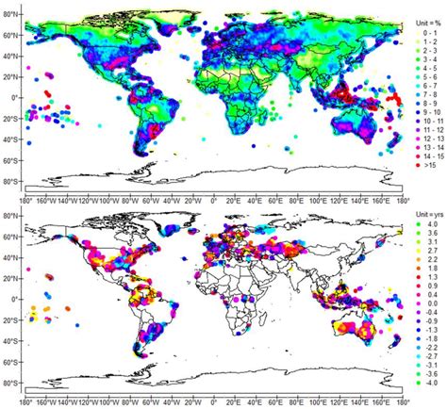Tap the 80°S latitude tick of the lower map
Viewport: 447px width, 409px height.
click(11, 382)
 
